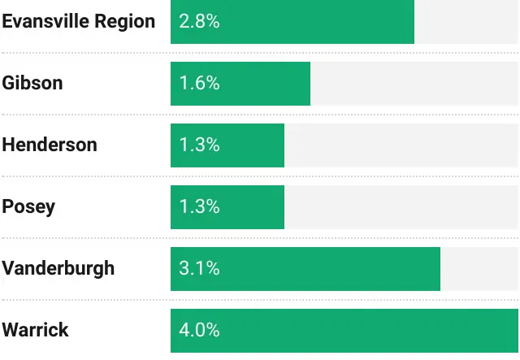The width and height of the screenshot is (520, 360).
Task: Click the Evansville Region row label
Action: [78, 21]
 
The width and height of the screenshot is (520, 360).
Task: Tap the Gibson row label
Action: [32, 83]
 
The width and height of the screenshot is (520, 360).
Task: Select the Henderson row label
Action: [50, 145]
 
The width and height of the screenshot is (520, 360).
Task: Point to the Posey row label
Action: [28, 206]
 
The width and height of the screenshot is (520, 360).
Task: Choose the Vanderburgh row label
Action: [58, 268]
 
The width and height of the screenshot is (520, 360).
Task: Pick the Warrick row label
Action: [36, 330]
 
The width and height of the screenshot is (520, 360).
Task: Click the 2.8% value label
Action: [199, 21]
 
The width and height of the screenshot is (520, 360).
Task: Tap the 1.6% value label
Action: [199, 83]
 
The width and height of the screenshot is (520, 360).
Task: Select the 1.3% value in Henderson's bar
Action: [199, 145]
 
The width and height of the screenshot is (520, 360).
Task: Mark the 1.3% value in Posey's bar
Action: [199, 206]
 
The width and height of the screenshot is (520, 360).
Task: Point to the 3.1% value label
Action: [199, 268]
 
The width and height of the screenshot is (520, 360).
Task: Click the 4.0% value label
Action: [199, 330]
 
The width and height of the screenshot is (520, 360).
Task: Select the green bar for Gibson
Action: [268, 83]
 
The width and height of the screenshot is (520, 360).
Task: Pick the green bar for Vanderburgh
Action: [341, 268]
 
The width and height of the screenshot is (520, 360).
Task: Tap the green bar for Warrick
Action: [366, 330]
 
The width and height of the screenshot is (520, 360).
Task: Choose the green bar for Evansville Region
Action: [325, 21]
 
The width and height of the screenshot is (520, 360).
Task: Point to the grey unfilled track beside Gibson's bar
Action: [414, 83]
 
